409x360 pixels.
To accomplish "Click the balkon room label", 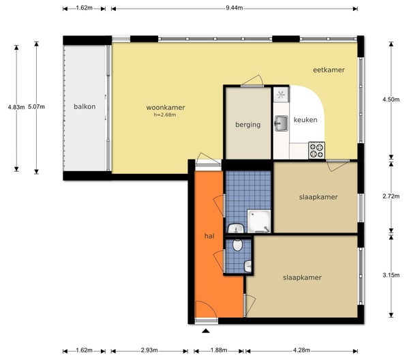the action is pyautogui.click(x=85, y=106).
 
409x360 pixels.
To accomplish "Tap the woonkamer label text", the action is pyautogui.click(x=166, y=107).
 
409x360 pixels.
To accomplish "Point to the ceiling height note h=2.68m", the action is pyautogui.click(x=165, y=115).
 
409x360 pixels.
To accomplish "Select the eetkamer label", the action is pyautogui.click(x=329, y=70).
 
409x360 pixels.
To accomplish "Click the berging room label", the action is pyautogui.click(x=248, y=125).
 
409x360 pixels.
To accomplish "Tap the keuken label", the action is pyautogui.click(x=305, y=120).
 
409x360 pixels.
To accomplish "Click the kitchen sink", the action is pyautogui.click(x=281, y=123).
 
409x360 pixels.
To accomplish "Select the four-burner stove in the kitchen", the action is pyautogui.click(x=317, y=150).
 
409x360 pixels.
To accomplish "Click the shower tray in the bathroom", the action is pyautogui.click(x=259, y=221).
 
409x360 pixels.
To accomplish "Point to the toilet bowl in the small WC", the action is pyautogui.click(x=237, y=245).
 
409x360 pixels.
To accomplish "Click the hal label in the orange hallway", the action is pyautogui.click(x=209, y=236).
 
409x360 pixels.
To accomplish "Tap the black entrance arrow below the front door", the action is pyautogui.click(x=206, y=331).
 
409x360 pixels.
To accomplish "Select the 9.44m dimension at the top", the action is pyautogui.click(x=234, y=7).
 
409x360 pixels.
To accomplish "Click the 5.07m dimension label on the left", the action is pyautogui.click(x=36, y=106).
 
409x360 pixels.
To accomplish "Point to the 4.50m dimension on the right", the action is pyautogui.click(x=391, y=100).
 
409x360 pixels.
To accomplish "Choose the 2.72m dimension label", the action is pyautogui.click(x=391, y=196).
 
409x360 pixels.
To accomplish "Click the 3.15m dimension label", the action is pyautogui.click(x=391, y=275).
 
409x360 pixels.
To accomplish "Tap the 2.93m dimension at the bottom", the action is pyautogui.click(x=149, y=350).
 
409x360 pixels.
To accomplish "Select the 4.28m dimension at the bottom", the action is pyautogui.click(x=301, y=350).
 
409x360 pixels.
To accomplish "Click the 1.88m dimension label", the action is pyautogui.click(x=219, y=350).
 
